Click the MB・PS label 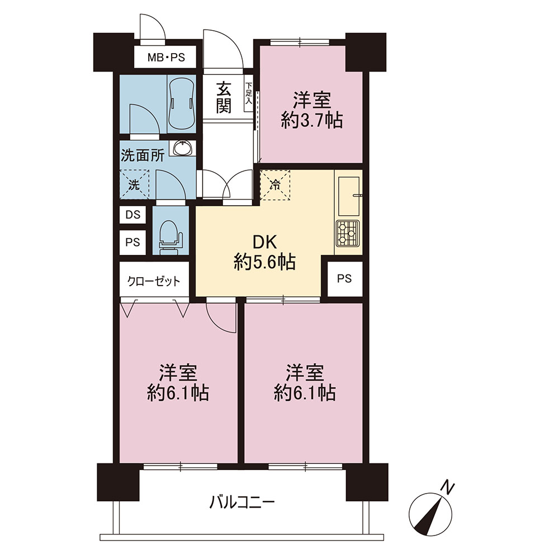tap(165, 57)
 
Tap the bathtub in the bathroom tap(181, 103)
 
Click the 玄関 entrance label tap(224, 97)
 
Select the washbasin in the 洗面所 tap(183, 148)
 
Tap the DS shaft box tap(132, 215)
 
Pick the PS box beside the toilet tap(132, 243)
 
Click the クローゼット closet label tap(154, 281)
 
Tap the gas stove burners tap(348, 233)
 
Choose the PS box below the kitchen tap(344, 278)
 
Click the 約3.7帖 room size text tap(312, 121)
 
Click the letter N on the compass tap(448, 487)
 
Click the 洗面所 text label tap(142, 155)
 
